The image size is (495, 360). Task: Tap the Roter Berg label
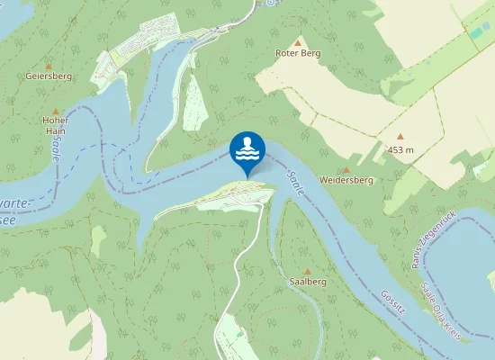point(297,53)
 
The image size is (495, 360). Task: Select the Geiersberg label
point(49,76)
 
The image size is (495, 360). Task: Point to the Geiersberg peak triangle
point(49,65)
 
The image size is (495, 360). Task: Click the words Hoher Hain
point(55,125)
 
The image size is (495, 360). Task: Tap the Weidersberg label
point(346,180)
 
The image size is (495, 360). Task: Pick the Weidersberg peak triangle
point(347,168)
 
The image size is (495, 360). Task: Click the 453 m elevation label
point(400,149)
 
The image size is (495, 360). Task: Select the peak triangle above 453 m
point(400,138)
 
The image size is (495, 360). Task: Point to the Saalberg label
point(308,282)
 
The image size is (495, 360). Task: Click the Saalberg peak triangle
point(308,270)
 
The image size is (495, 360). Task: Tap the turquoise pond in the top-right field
point(475,32)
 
